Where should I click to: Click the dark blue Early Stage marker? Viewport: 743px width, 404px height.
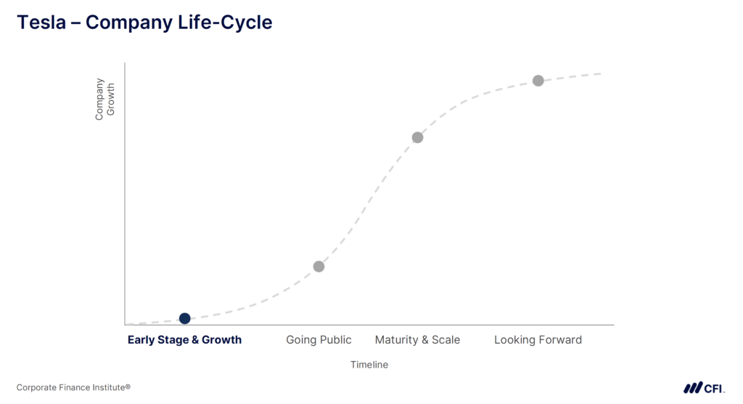[x=185, y=318]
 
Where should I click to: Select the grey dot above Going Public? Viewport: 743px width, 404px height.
[x=319, y=267]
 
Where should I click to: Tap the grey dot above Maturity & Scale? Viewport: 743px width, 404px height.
[x=417, y=137]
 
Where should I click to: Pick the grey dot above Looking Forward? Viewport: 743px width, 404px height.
[x=538, y=81]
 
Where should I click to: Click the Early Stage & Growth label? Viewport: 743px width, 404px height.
[x=184, y=340]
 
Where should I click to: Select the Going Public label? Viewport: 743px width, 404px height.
[x=319, y=340]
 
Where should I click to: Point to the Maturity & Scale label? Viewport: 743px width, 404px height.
[x=417, y=340]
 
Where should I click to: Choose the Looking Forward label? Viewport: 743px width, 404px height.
[x=538, y=340]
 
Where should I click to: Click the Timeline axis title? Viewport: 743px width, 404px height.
[x=369, y=365]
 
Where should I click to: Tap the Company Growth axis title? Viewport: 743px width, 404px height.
[x=104, y=100]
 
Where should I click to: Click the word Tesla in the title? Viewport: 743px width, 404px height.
[x=41, y=23]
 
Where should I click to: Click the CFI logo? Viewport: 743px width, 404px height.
[x=704, y=388]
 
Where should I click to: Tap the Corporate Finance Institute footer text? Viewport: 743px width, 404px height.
[x=73, y=387]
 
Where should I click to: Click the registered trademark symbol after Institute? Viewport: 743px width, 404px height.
[x=128, y=387]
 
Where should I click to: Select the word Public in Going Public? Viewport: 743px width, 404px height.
[x=334, y=340]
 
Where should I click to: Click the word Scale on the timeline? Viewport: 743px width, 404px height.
[x=446, y=340]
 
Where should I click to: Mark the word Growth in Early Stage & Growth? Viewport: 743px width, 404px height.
[x=222, y=340]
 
